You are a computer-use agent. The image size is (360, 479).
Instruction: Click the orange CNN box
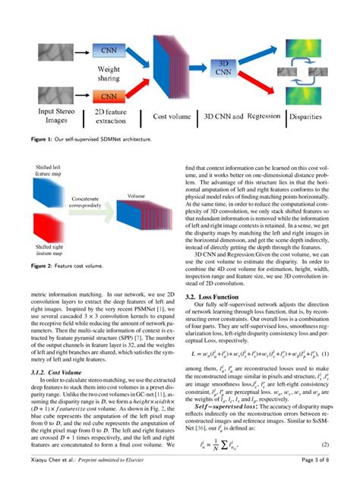[x=109, y=97]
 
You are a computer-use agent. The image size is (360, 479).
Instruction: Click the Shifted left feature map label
[x=31, y=170]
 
